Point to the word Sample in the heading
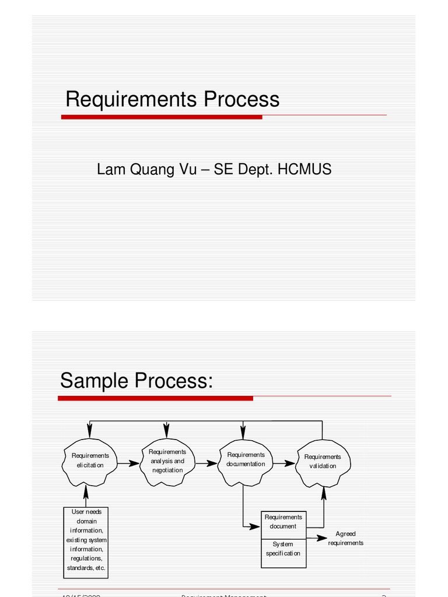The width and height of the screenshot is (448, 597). (94, 381)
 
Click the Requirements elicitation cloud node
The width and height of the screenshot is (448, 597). (90, 462)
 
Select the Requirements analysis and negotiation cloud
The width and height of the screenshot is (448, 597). (167, 461)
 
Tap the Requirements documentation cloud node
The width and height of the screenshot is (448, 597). (246, 461)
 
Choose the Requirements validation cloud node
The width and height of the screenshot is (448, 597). (323, 462)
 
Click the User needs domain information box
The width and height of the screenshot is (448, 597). (86, 540)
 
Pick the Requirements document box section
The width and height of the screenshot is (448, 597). (283, 522)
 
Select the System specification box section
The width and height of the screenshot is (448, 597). (283, 549)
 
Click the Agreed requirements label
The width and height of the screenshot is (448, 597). (345, 538)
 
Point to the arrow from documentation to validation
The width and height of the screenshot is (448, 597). (284, 464)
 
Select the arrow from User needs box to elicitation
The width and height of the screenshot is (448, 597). (86, 496)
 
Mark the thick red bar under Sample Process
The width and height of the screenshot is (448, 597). (155, 398)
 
